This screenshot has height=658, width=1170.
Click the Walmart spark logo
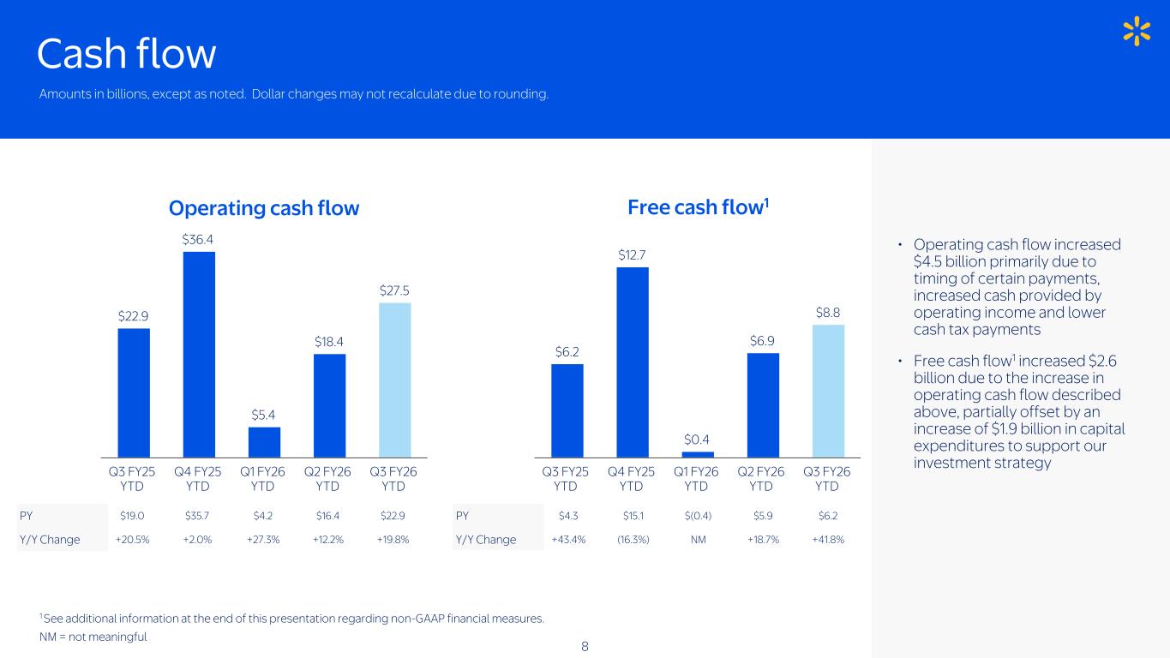[1136, 31]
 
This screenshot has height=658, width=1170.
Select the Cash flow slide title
[126, 54]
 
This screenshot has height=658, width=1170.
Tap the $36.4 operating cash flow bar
[199, 354]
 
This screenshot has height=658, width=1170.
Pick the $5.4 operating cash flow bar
[264, 442]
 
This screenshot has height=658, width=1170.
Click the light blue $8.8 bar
[828, 391]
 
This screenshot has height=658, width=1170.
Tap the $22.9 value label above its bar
[134, 316]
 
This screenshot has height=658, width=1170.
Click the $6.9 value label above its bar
[763, 341]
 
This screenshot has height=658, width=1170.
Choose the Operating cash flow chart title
[264, 208]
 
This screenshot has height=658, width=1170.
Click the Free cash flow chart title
[698, 207]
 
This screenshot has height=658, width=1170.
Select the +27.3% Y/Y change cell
[263, 540]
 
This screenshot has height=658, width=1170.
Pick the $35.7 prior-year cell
[198, 516]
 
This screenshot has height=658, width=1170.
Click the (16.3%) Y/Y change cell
[632, 540]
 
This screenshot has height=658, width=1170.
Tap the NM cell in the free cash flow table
[698, 540]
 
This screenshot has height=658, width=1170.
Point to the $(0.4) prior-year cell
[697, 516]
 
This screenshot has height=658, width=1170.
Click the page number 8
[585, 646]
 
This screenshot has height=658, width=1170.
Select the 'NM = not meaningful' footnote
[93, 637]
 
